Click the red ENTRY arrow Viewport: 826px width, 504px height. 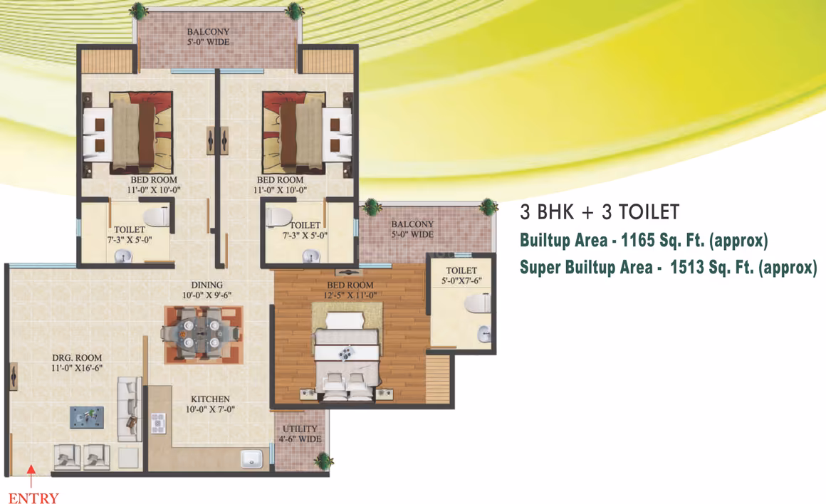(x=31, y=476)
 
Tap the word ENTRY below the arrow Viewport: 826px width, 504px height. (x=33, y=498)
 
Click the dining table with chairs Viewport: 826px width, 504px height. (x=202, y=334)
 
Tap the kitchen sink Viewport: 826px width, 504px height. (x=252, y=458)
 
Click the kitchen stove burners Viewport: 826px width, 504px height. (x=158, y=424)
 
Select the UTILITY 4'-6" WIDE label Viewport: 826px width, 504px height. (x=300, y=434)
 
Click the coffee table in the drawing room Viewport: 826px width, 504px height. (x=87, y=417)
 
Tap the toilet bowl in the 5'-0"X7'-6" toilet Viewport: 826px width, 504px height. (x=478, y=304)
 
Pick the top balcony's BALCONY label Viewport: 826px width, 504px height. (x=208, y=31)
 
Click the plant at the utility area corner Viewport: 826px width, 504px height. (x=323, y=461)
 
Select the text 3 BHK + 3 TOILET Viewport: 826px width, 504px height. (x=600, y=212)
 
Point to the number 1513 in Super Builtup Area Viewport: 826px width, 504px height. (x=687, y=267)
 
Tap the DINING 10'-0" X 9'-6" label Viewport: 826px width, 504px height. (x=207, y=290)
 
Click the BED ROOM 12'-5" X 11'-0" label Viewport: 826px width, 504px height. (x=350, y=290)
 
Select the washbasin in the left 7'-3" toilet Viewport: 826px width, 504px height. (x=124, y=257)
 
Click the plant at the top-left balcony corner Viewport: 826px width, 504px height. (x=139, y=9)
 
